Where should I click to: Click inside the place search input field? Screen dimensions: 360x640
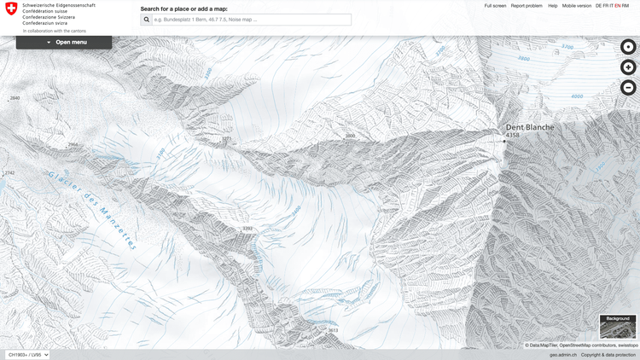(251, 19)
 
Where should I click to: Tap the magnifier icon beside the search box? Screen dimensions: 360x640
(146, 19)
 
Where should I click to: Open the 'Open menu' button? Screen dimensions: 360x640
(64, 42)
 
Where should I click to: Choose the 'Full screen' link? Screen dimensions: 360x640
(495, 6)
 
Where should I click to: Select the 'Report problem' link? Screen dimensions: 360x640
(527, 6)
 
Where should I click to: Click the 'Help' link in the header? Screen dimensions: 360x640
(553, 6)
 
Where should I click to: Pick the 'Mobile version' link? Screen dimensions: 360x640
(576, 6)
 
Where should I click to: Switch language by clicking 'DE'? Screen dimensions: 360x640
(599, 6)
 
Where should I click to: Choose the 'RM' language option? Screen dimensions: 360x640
(625, 6)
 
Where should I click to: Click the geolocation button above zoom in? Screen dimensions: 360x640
(628, 47)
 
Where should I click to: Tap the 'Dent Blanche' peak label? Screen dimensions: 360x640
(529, 127)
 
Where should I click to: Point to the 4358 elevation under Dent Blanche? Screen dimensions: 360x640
(512, 135)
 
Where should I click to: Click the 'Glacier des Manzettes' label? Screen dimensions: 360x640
(92, 209)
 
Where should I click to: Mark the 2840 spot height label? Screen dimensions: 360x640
(15, 98)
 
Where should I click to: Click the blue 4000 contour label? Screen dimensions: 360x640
(577, 96)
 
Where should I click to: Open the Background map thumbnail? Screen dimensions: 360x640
(618, 327)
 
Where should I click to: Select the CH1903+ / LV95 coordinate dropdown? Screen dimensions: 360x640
(27, 354)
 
